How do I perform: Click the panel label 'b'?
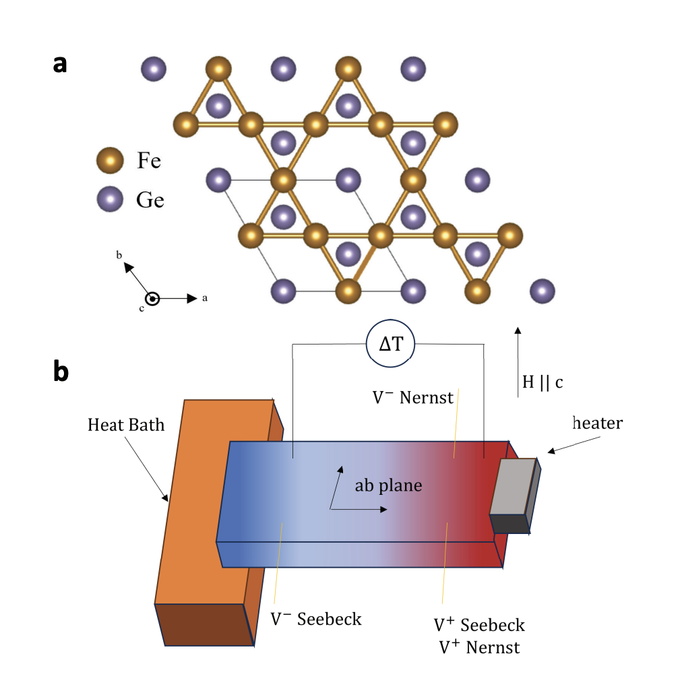[61, 371]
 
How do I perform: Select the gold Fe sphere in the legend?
[109, 162]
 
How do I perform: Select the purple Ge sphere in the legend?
[109, 199]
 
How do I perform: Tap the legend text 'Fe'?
[149, 162]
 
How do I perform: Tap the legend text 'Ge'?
[150, 200]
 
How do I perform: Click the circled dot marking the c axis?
[153, 299]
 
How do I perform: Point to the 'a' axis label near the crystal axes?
[204, 298]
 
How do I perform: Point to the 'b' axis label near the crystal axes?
[119, 255]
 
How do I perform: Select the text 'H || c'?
[543, 382]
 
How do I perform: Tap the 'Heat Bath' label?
[126, 425]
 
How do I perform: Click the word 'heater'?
[597, 423]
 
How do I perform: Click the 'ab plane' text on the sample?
[389, 485]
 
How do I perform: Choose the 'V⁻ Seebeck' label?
[315, 618]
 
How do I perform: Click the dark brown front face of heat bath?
[204, 624]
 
